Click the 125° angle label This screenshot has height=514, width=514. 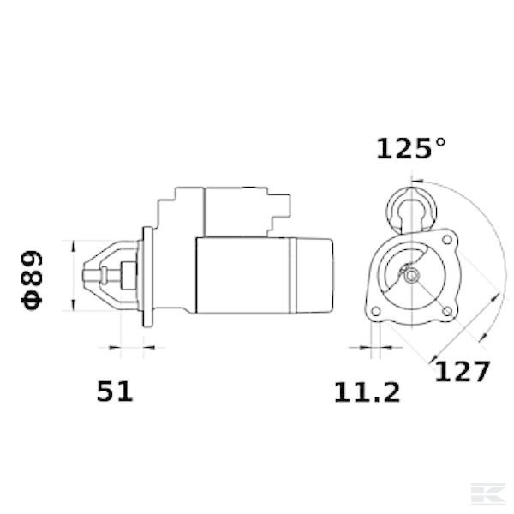411,149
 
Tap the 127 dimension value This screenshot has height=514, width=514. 461,372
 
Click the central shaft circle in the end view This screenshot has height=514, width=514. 411,276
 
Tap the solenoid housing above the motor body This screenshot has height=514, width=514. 231,211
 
